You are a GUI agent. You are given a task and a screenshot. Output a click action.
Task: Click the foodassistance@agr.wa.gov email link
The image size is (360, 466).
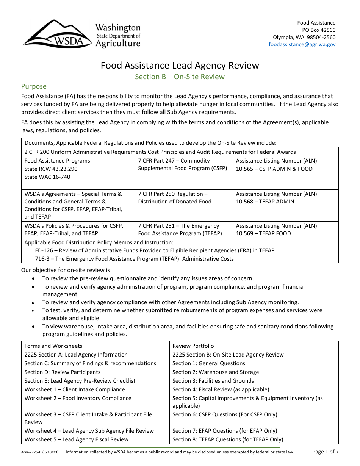click(x=302, y=44)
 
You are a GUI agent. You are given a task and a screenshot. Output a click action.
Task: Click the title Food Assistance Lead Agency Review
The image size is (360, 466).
click(x=180, y=66)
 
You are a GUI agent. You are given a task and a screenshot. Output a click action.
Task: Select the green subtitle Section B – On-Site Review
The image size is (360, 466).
click(x=180, y=77)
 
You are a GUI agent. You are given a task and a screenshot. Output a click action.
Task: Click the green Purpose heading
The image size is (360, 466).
click(x=34, y=86)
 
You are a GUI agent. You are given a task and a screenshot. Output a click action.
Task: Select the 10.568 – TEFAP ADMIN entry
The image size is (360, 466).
click(x=265, y=202)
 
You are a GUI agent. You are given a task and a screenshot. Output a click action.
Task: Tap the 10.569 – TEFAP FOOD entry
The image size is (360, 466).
click(x=263, y=233)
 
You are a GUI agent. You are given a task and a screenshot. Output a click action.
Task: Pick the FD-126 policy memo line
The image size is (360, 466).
click(x=155, y=250)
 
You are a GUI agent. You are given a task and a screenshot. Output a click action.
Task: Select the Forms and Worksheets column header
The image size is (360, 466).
click(x=53, y=346)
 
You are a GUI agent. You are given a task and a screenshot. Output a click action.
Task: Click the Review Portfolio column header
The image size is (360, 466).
click(x=193, y=346)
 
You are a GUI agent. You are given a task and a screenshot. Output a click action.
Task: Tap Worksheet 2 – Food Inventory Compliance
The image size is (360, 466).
click(x=78, y=398)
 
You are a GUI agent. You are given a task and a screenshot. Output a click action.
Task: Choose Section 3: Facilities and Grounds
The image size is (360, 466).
click(x=213, y=381)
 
